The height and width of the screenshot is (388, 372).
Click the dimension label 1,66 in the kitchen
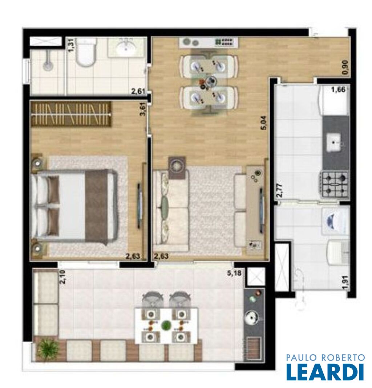click(x=338, y=90)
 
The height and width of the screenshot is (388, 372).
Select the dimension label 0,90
click(x=346, y=67)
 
